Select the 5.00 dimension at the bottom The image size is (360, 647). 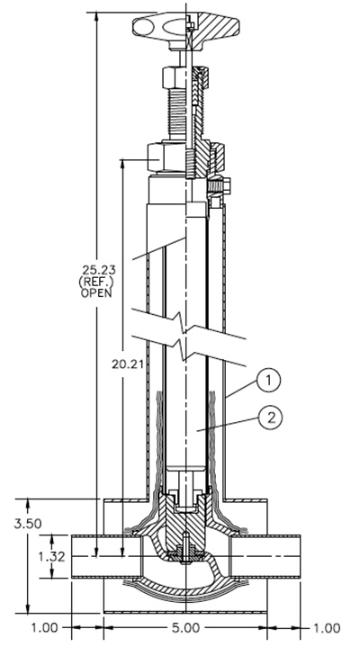[184, 627]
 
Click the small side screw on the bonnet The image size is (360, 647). [220, 186]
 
